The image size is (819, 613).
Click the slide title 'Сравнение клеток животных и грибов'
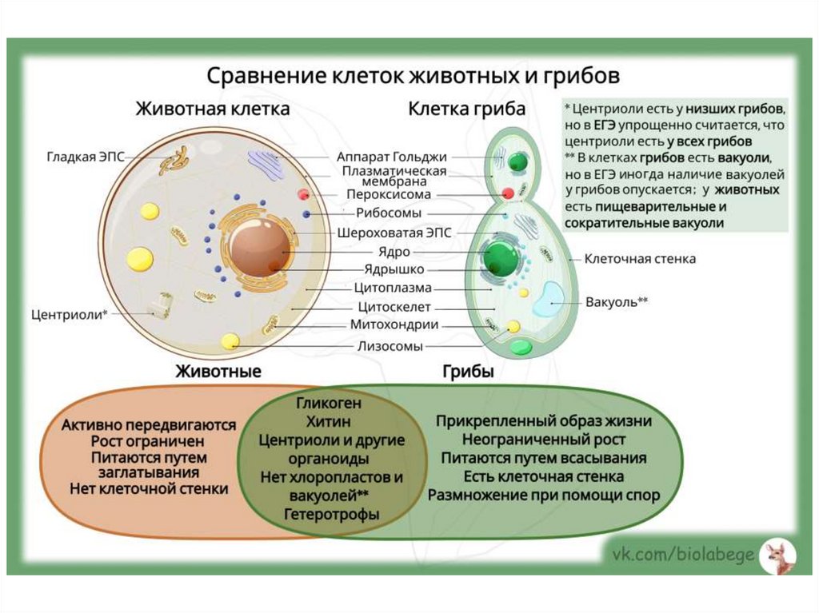coord(413,77)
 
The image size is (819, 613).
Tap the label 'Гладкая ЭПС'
coord(85,157)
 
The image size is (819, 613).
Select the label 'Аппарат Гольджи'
coord(391,157)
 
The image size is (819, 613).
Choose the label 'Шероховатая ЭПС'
coord(383,233)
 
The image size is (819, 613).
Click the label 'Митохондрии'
coord(394,324)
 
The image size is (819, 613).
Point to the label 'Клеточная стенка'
coord(640,259)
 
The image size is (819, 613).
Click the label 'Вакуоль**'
coord(617,303)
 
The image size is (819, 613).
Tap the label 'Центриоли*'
coord(69,314)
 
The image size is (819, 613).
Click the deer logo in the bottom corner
coord(775,556)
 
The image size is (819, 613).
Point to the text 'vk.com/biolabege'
coord(683,555)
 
